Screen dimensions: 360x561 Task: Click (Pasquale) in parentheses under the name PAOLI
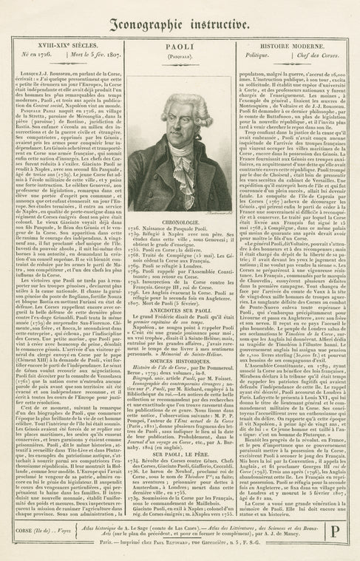pos(179,55)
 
